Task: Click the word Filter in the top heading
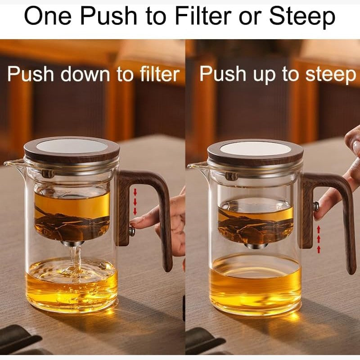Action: [204, 16]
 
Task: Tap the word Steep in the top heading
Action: [302, 17]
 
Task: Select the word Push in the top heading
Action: [108, 16]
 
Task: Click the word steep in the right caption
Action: [331, 75]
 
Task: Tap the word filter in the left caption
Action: [160, 73]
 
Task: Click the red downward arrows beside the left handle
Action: [135, 202]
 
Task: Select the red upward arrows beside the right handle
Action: [319, 239]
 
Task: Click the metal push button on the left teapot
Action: [132, 231]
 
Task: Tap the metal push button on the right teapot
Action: [316, 206]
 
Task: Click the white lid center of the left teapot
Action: [72, 146]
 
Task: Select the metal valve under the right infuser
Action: [256, 246]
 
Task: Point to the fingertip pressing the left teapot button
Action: [135, 223]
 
